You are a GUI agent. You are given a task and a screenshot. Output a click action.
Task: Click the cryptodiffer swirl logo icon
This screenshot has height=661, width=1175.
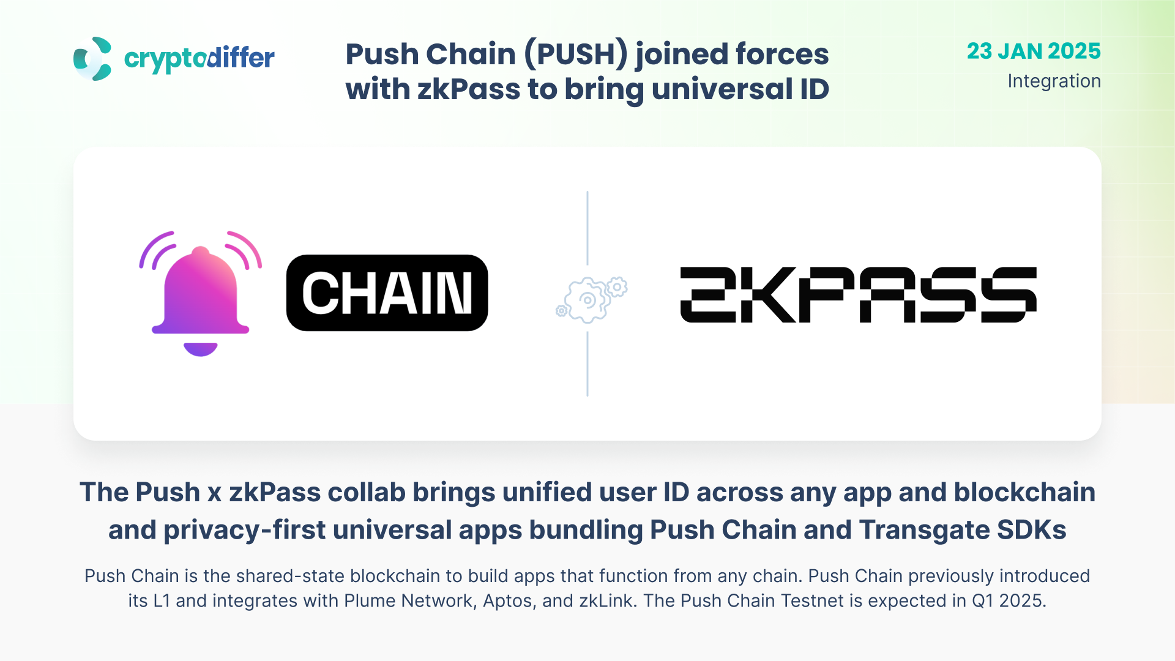coord(92,59)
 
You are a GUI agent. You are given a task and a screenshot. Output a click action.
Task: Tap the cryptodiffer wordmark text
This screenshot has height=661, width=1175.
coord(199,59)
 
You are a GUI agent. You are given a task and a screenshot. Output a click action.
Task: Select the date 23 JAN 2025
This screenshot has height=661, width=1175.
coord(1034,51)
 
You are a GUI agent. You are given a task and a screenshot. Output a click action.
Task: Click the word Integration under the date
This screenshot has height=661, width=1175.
coord(1054,81)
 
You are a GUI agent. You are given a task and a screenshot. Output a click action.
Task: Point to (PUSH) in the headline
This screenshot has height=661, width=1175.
coord(575,54)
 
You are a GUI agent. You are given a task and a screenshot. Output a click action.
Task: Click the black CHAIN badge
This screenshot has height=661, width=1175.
coord(387,293)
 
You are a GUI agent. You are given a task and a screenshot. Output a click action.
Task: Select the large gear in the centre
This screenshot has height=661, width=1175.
coord(587,300)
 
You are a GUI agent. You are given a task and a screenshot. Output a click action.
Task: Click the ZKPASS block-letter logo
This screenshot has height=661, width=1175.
coord(858,294)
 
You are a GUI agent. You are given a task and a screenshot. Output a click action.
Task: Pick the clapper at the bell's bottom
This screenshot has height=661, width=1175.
coord(201,349)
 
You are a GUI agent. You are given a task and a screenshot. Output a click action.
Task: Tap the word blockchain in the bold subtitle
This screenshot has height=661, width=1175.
coord(1024,493)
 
